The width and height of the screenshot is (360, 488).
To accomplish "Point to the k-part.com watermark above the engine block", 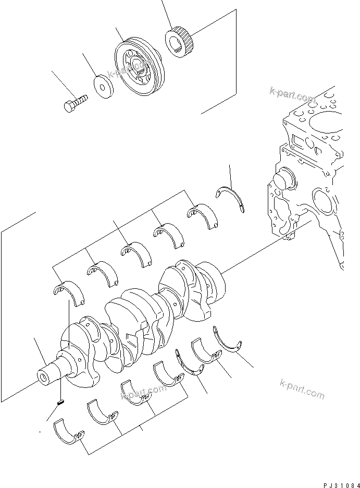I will tap(293, 95).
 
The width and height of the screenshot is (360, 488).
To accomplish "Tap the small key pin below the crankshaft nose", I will tap(60, 401).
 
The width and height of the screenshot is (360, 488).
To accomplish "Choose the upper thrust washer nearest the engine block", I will tap(231, 199).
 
